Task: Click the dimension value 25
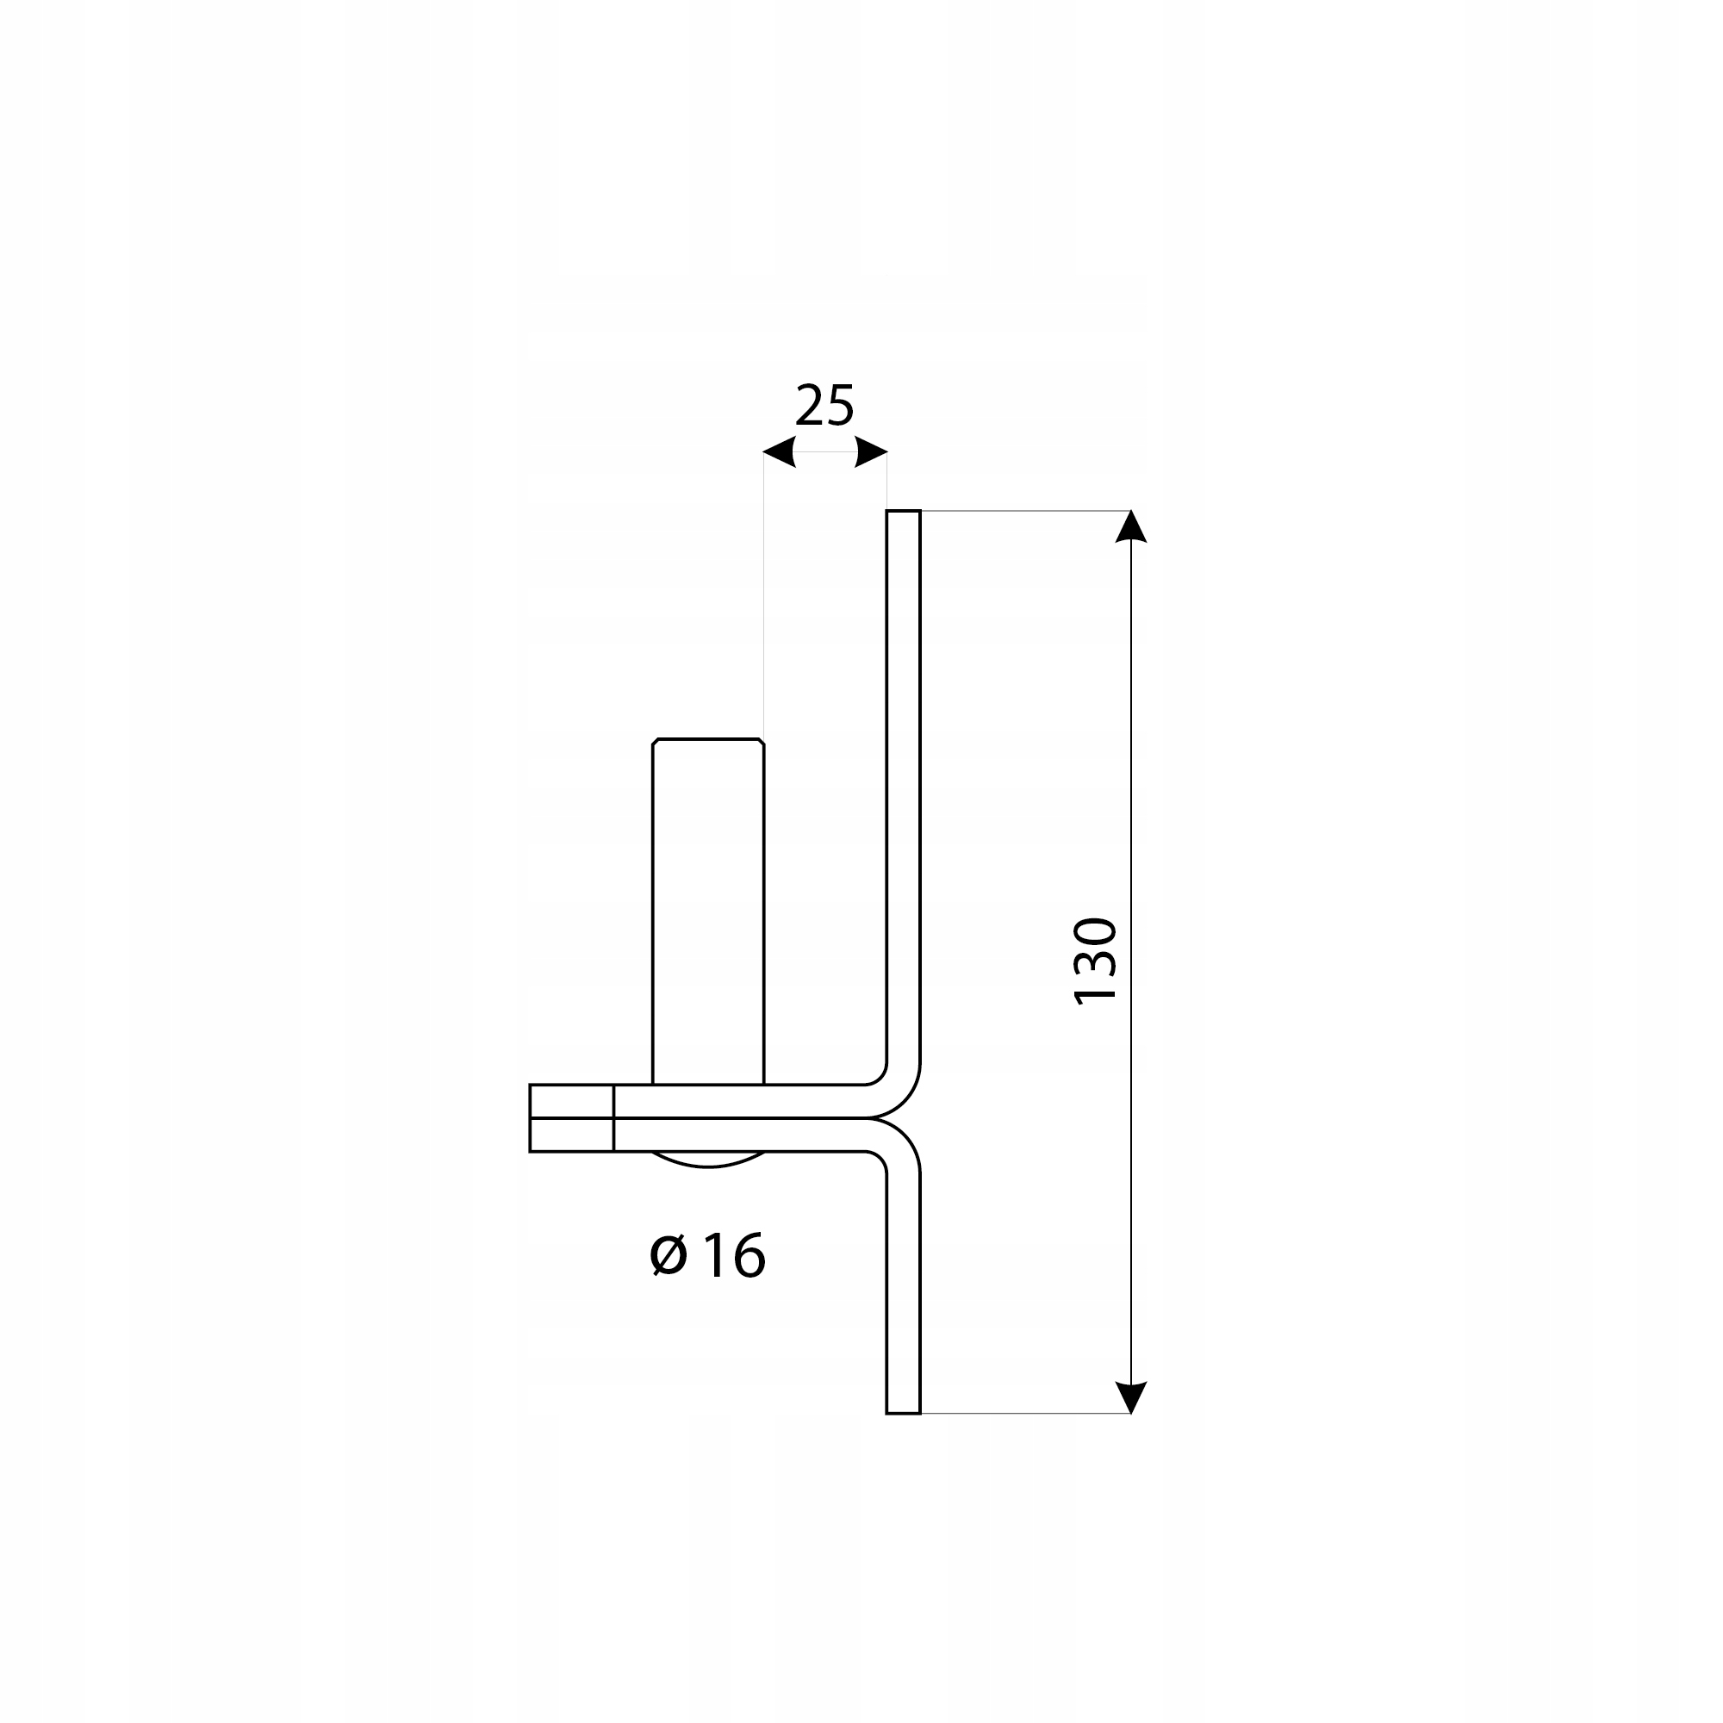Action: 824,406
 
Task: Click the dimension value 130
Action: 1095,961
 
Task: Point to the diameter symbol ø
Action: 669,1256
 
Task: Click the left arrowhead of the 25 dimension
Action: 780,452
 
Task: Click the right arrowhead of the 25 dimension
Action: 871,452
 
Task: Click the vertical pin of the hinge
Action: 708,910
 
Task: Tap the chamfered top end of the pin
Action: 708,741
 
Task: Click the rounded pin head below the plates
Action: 708,1160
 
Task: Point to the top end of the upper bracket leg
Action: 904,513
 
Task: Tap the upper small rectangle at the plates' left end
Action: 572,1101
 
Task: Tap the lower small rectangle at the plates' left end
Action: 572,1135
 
